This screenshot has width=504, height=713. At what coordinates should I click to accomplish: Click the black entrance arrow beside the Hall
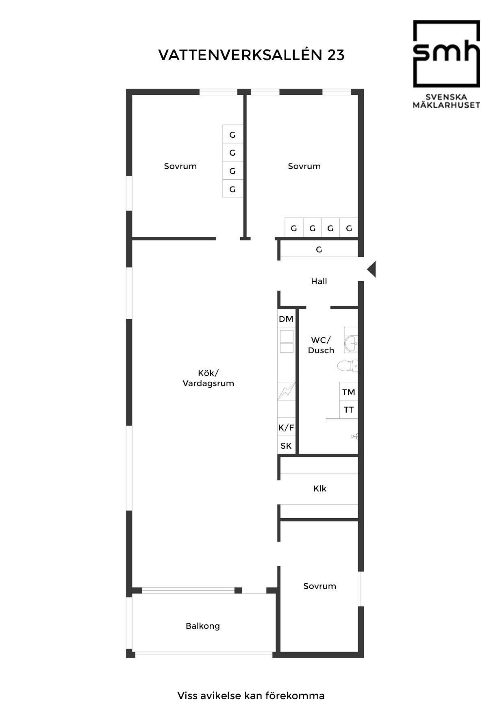[x=372, y=269]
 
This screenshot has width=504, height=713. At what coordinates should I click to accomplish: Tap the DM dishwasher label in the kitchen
[x=286, y=319]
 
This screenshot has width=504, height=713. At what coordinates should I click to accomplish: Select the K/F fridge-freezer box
[x=287, y=428]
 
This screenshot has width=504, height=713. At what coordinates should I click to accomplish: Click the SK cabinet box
[x=287, y=446]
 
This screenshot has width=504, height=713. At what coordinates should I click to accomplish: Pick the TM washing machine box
[x=349, y=392]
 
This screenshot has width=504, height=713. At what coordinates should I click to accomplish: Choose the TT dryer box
[x=349, y=410]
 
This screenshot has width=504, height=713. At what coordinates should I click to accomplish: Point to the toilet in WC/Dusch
[x=348, y=365]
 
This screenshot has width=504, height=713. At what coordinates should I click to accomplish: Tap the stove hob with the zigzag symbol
[x=287, y=391]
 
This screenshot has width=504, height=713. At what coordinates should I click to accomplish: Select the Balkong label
[x=203, y=626]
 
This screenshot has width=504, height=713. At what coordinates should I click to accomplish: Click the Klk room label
[x=320, y=489]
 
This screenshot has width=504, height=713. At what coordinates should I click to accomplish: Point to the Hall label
[x=319, y=281]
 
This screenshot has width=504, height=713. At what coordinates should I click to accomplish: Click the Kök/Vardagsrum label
[x=209, y=378]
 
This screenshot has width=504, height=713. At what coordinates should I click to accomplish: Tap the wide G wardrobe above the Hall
[x=319, y=249]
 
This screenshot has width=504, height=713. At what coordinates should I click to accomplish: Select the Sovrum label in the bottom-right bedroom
[x=320, y=586]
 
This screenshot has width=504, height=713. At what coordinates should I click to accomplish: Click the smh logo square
[x=447, y=54]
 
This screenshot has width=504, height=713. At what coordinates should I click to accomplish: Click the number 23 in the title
[x=336, y=55]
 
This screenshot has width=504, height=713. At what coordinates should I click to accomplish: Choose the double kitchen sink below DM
[x=287, y=341]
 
